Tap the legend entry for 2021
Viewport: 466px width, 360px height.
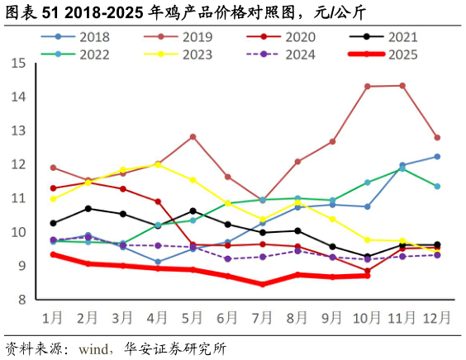coord(383,37)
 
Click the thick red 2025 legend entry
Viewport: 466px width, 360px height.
coord(383,55)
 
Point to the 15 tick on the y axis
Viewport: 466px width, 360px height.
coord(18,64)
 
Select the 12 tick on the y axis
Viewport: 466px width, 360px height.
coord(18,164)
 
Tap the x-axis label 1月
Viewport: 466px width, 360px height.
coord(54,318)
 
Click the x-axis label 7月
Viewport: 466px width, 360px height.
coord(263,318)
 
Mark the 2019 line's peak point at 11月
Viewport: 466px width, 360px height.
coord(402,85)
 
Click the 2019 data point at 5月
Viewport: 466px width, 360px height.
coord(193,136)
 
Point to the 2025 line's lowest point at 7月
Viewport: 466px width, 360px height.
coord(263,284)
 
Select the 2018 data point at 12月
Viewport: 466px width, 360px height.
coord(437,156)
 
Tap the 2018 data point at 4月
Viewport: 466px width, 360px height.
coord(158,262)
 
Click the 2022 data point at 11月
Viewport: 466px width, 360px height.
coord(402,169)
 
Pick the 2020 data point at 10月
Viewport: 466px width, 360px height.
coord(368,271)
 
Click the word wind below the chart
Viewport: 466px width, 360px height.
coord(94,349)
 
